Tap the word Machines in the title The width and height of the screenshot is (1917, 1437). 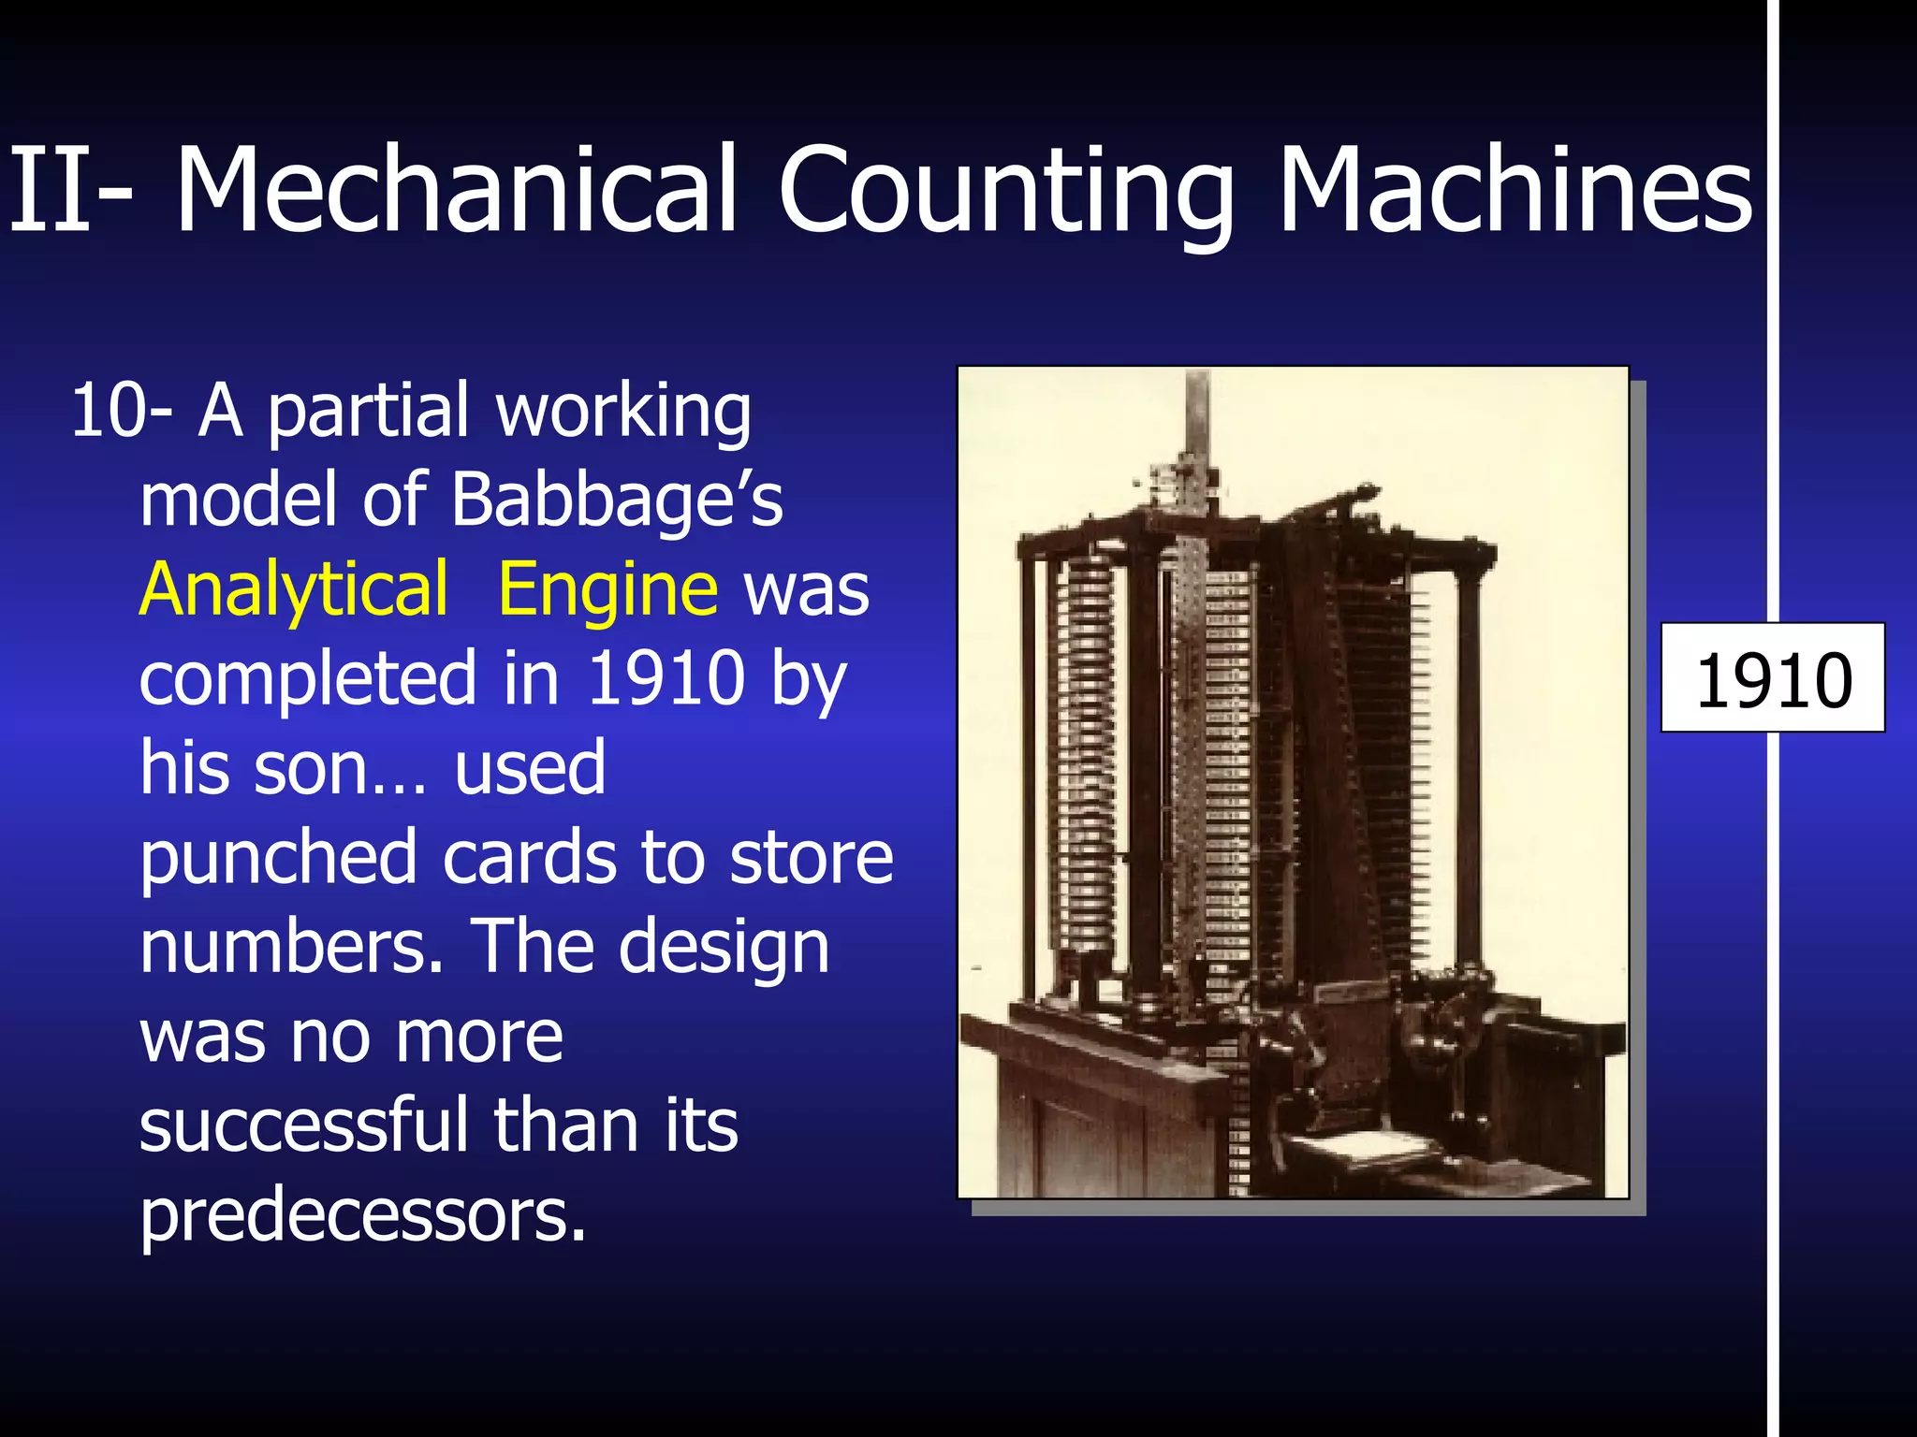(x=1514, y=189)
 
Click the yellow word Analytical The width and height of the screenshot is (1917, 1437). (x=294, y=589)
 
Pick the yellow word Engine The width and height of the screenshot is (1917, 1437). (x=607, y=589)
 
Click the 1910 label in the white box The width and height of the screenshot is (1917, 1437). (x=1773, y=679)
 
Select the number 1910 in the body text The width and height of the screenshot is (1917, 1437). (x=666, y=677)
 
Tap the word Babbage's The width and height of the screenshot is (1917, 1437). (x=617, y=500)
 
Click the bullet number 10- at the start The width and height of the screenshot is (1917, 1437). (x=121, y=411)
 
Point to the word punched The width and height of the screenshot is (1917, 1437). (x=278, y=859)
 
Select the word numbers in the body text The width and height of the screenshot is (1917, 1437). (x=291, y=947)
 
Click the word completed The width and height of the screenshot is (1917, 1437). (x=308, y=679)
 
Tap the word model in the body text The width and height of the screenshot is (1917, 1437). (x=238, y=500)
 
